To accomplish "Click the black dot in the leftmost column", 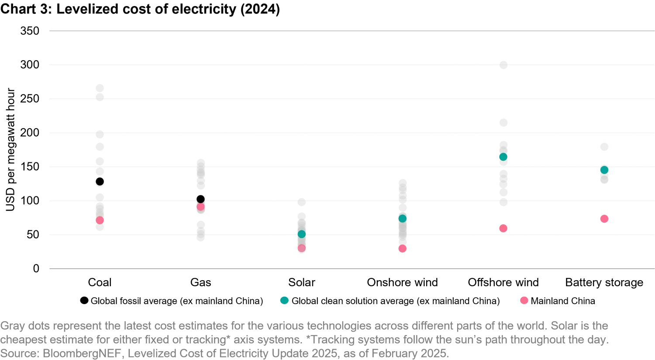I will [100, 181].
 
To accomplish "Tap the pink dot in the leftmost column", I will [100, 220].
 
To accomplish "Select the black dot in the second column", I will [200, 199].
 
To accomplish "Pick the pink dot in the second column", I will [200, 207].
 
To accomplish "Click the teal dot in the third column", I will [302, 234].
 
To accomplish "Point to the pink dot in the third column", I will [302, 248].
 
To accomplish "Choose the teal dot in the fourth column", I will [403, 219].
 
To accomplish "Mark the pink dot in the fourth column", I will [403, 249].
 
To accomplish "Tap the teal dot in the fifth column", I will [503, 157].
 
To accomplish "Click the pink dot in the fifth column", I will [503, 228].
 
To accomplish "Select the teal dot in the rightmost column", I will [604, 170].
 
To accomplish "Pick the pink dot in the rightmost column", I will [604, 219].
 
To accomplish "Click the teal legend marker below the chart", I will [285, 301].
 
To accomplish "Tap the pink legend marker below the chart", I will [524, 300].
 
